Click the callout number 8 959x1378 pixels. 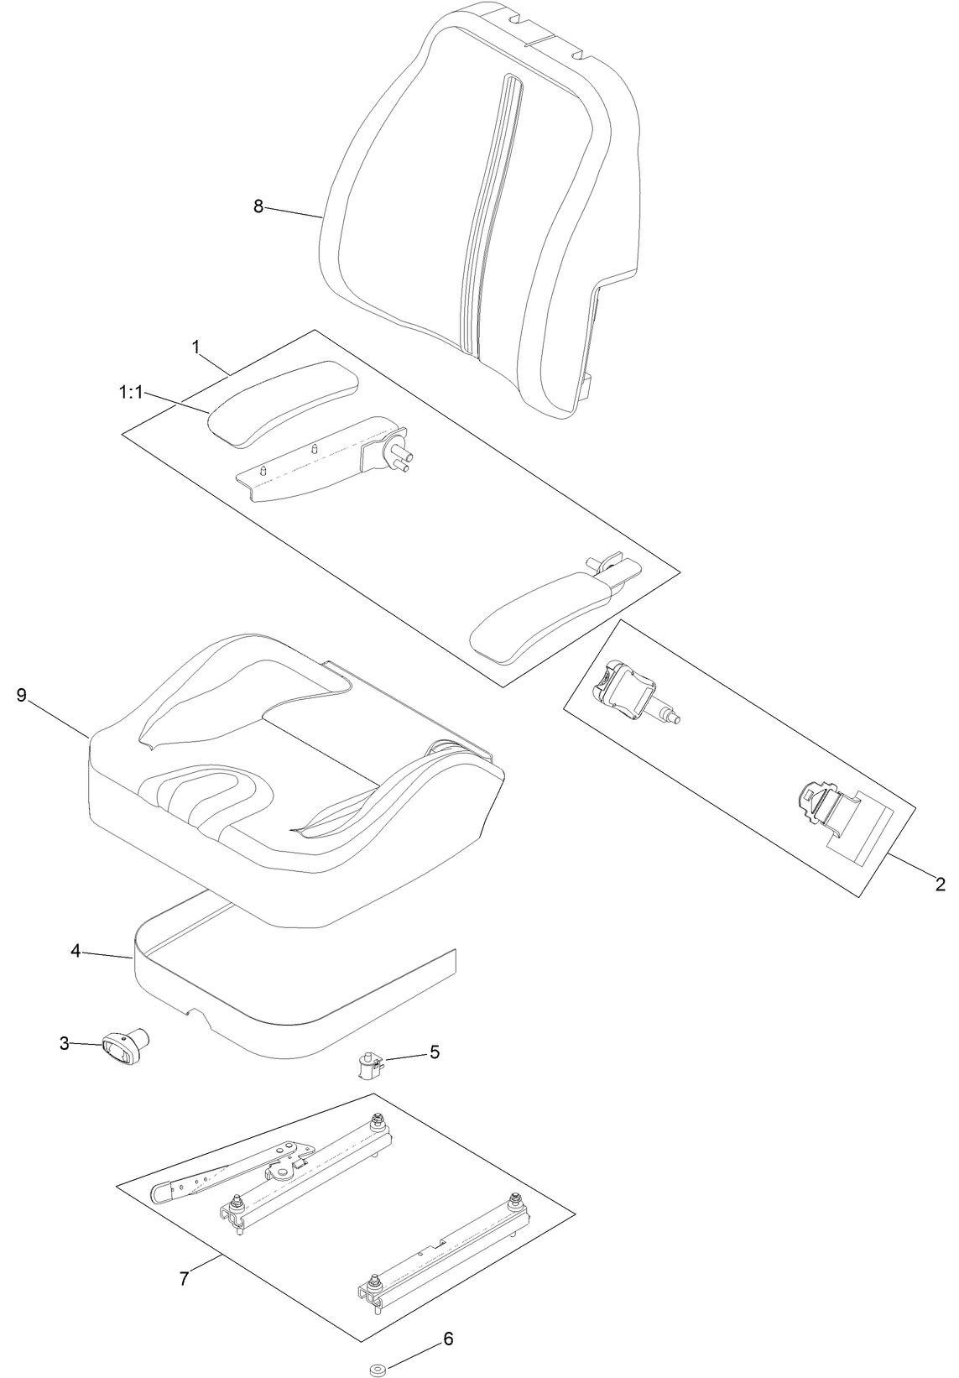pos(258,206)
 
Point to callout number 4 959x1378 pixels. pos(76,951)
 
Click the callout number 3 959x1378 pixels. pos(65,1043)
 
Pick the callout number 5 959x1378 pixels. pos(434,1052)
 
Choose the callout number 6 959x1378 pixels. pos(448,1315)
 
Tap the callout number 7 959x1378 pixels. pos(184,1278)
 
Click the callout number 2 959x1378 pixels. pos(940,884)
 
